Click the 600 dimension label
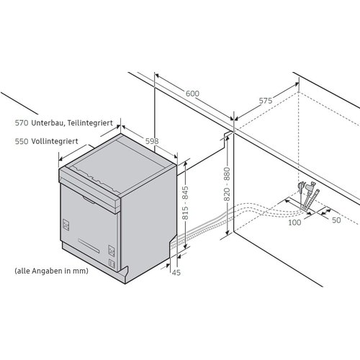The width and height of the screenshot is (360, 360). (x=192, y=94)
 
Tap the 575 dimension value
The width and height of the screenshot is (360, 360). (x=266, y=101)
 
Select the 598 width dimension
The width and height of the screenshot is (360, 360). (x=152, y=141)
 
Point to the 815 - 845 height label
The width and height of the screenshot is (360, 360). (x=185, y=203)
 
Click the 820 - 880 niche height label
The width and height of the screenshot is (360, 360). (x=227, y=184)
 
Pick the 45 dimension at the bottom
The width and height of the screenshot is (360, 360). (x=176, y=272)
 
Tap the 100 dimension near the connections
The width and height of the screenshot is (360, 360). (x=294, y=222)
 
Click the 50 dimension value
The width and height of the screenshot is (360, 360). (x=336, y=220)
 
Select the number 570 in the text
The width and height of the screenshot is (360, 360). (x=22, y=123)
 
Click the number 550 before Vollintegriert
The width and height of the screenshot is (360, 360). (x=22, y=141)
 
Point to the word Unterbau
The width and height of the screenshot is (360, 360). (x=48, y=123)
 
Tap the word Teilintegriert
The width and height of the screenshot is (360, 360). (x=90, y=123)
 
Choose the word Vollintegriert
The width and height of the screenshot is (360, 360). (x=55, y=141)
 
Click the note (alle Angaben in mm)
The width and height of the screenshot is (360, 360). (x=51, y=271)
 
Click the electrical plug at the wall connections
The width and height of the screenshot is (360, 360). (x=300, y=187)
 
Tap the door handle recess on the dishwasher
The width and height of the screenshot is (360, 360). (x=89, y=200)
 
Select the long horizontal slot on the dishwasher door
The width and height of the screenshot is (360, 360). (x=89, y=246)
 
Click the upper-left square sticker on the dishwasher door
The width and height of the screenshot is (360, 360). (x=66, y=225)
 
